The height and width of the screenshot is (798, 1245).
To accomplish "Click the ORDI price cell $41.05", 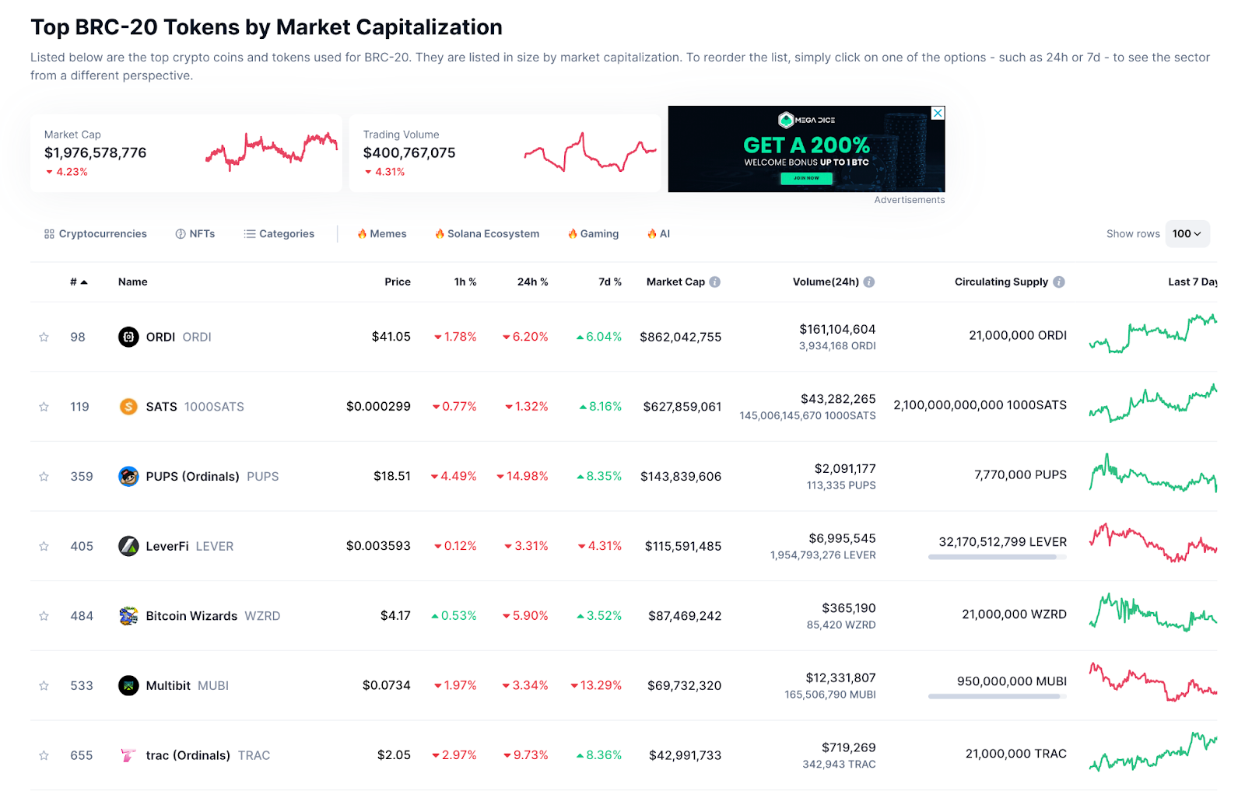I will pyautogui.click(x=391, y=337).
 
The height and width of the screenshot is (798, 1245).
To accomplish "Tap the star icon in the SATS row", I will pyautogui.click(x=44, y=407).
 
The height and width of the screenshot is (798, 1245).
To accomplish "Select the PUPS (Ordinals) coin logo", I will pyautogui.click(x=128, y=476).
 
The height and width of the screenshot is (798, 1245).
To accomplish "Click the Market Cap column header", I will pyautogui.click(x=675, y=282).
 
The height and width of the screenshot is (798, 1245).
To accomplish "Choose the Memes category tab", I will pyautogui.click(x=382, y=233).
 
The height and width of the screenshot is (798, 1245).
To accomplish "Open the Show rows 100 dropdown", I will pyautogui.click(x=1187, y=233).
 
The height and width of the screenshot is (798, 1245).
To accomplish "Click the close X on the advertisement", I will pyautogui.click(x=938, y=113).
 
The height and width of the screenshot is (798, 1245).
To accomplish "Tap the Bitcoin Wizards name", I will pyautogui.click(x=191, y=616).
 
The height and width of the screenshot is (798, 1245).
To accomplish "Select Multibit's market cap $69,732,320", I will pyautogui.click(x=684, y=685).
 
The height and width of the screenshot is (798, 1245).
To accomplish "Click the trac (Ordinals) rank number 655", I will pyautogui.click(x=82, y=755).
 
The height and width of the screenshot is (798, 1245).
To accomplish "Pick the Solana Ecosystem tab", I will pyautogui.click(x=487, y=233).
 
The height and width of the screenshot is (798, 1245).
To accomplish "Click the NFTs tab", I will pyautogui.click(x=195, y=233).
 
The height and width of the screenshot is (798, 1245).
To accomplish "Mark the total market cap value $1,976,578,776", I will pyautogui.click(x=95, y=152).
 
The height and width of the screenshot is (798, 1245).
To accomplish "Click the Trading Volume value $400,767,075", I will pyautogui.click(x=409, y=152).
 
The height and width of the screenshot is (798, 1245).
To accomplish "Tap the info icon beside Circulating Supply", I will pyautogui.click(x=1059, y=282).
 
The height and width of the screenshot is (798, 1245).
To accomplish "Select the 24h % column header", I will pyautogui.click(x=532, y=282).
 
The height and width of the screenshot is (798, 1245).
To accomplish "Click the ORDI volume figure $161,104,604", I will pyautogui.click(x=837, y=329).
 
